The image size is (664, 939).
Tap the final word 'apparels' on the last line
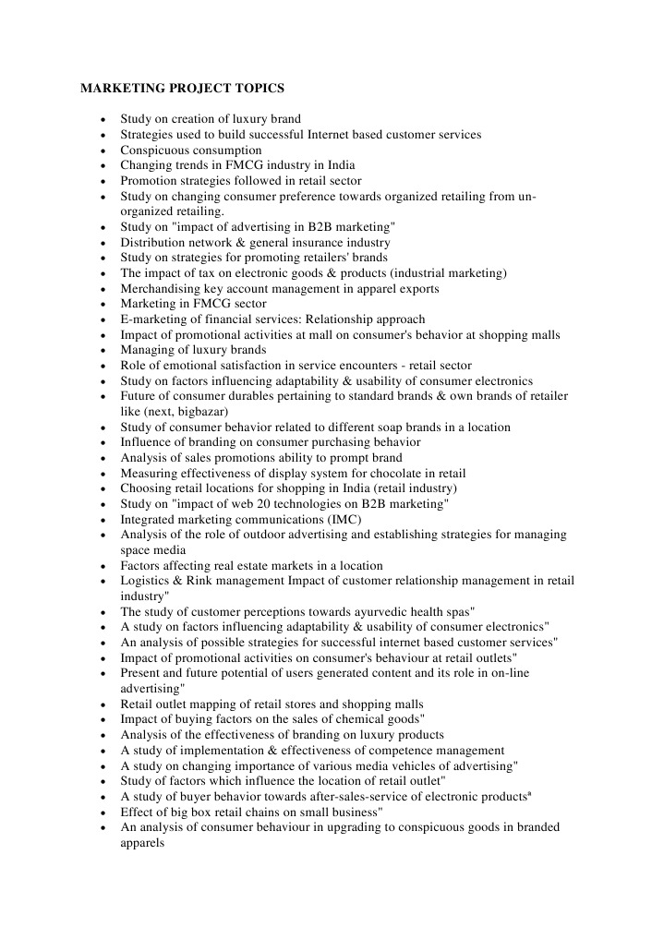tap(142, 842)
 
